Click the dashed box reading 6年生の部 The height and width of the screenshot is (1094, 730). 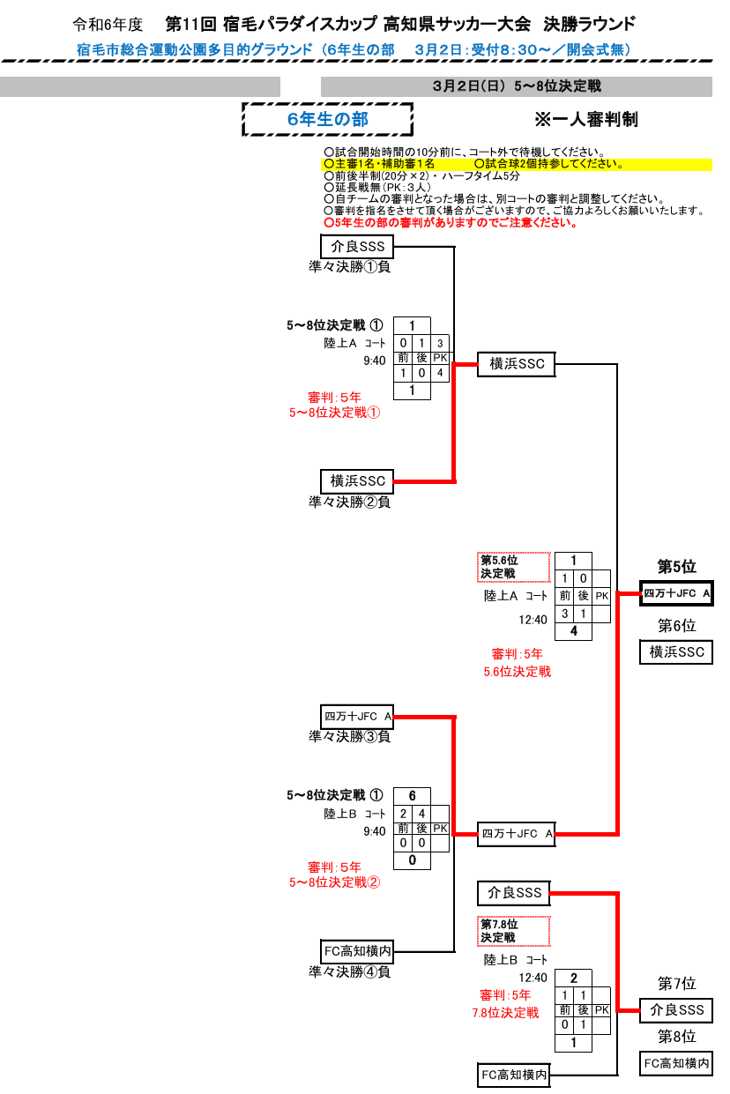click(328, 120)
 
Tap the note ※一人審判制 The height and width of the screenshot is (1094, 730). click(586, 120)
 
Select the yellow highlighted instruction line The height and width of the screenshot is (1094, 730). click(517, 164)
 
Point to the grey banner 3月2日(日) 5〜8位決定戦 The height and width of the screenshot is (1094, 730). click(517, 86)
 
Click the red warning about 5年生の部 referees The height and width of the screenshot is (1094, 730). click(451, 223)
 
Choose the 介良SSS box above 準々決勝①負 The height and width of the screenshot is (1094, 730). click(357, 247)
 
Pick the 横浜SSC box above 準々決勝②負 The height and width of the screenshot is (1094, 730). click(357, 481)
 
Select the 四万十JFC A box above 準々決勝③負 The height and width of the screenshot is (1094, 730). click(357, 717)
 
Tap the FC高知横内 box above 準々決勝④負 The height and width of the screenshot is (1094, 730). click(357, 951)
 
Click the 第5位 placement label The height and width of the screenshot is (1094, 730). click(676, 567)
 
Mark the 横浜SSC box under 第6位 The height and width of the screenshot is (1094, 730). click(676, 652)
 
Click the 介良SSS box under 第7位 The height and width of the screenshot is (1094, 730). click(676, 1010)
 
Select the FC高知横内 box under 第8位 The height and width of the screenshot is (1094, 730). click(676, 1063)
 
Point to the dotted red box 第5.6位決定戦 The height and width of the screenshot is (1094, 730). click(514, 567)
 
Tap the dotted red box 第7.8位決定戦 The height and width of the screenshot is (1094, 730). click(514, 932)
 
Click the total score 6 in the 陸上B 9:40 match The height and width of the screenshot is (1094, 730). click(412, 796)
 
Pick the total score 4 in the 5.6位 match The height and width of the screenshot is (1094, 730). click(574, 631)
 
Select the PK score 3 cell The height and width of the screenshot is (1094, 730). click(440, 343)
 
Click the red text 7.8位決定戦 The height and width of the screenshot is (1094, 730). click(506, 1013)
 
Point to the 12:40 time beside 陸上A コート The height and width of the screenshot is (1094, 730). click(533, 620)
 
